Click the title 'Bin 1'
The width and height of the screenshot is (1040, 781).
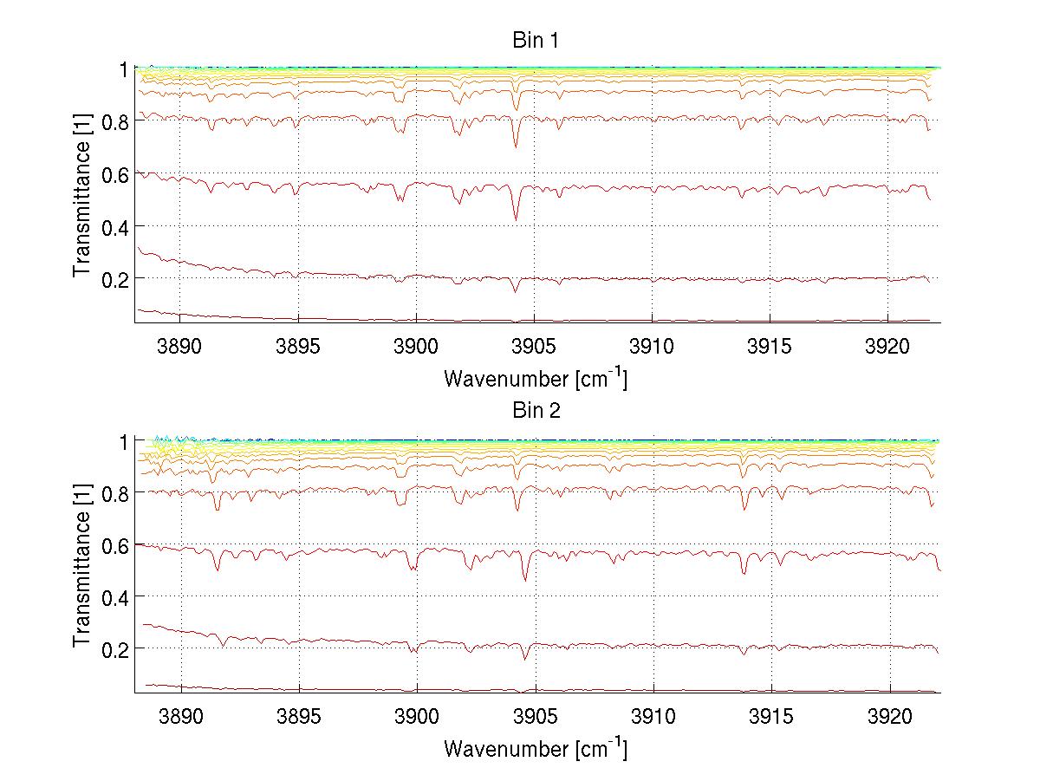point(536,40)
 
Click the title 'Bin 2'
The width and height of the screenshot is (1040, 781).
point(536,411)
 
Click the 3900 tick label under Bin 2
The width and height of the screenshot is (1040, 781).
point(416,715)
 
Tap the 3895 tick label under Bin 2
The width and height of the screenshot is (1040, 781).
point(298,715)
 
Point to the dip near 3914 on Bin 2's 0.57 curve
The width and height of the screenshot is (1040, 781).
point(744,573)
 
